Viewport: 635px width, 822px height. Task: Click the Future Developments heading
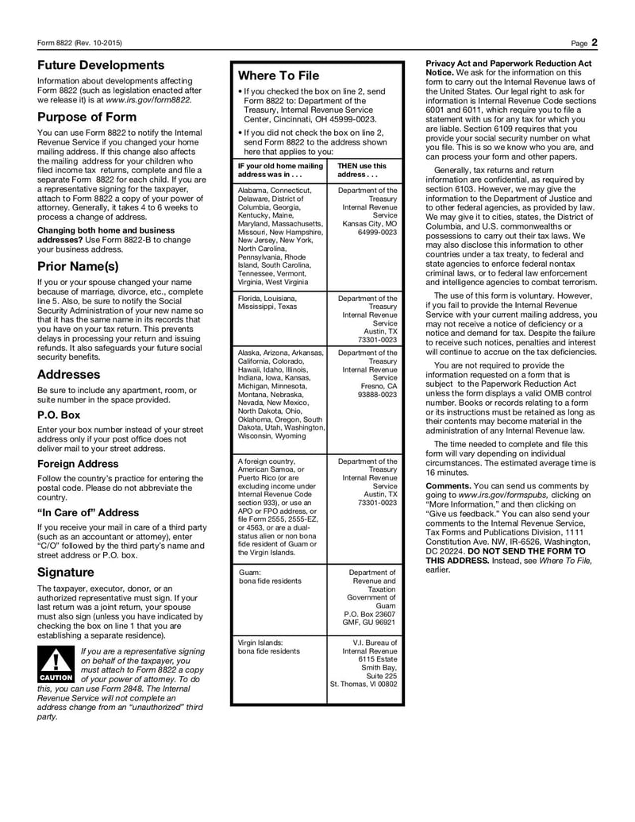pyautogui.click(x=101, y=65)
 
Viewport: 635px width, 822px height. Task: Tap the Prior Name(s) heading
pyautogui.click(x=78, y=266)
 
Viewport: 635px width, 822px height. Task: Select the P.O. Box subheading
pyautogui.click(x=59, y=415)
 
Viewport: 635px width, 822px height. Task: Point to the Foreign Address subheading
pyautogui.click(x=78, y=464)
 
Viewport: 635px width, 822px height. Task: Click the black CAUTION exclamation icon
pyautogui.click(x=56, y=664)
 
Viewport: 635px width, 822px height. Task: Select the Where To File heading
pyautogui.click(x=279, y=75)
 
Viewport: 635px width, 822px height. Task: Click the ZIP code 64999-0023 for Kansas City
pyautogui.click(x=377, y=233)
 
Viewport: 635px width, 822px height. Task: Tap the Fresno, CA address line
pyautogui.click(x=377, y=385)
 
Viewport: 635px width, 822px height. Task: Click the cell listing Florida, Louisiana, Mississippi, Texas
pyautogui.click(x=267, y=302)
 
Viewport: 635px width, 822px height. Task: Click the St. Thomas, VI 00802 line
pyautogui.click(x=364, y=684)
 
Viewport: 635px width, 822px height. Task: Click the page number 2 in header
pyautogui.click(x=594, y=42)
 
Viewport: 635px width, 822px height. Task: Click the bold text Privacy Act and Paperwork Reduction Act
pyautogui.click(x=509, y=63)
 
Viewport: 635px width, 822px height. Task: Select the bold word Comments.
pyautogui.click(x=452, y=485)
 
